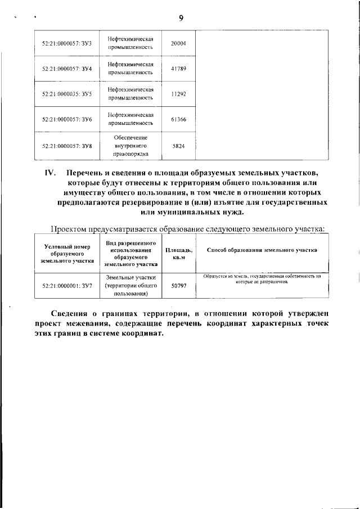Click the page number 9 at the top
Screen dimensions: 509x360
(x=181, y=17)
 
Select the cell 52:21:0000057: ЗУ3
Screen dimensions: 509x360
(x=67, y=43)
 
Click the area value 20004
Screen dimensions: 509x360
(x=178, y=43)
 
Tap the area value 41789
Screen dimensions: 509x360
(x=178, y=68)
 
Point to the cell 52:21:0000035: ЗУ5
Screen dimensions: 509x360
(x=67, y=93)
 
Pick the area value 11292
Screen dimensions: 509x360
(x=178, y=93)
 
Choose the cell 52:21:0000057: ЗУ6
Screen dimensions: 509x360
(x=67, y=119)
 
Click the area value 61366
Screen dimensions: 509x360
(x=178, y=119)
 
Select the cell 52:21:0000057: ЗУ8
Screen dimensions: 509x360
(x=67, y=146)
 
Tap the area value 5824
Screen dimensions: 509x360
(x=178, y=146)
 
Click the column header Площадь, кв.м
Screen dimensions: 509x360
(x=178, y=254)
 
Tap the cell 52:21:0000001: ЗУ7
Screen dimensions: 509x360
(x=67, y=286)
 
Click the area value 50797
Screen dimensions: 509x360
(x=178, y=286)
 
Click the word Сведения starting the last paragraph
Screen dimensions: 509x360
(x=69, y=313)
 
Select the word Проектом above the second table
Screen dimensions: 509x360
(x=72, y=229)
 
